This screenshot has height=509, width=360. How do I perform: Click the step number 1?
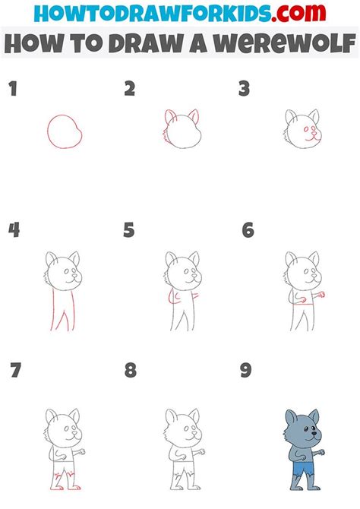point(12,90)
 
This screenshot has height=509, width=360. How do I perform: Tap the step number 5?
point(129,230)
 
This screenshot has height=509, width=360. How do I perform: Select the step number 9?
point(246,371)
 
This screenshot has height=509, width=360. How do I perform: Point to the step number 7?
point(14,371)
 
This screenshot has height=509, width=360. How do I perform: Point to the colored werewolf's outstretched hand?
point(322,453)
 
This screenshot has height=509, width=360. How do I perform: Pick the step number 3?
point(245,90)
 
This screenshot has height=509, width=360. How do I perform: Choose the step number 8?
point(131,371)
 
